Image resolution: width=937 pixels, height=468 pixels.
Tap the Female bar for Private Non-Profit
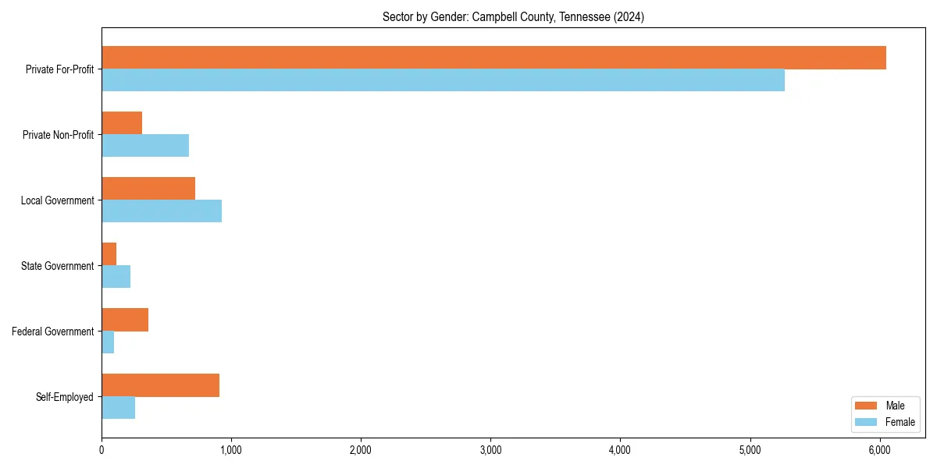pyautogui.click(x=145, y=146)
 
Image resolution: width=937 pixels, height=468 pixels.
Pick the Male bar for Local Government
pyautogui.click(x=148, y=189)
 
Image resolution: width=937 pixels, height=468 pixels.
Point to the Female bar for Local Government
pyautogui.click(x=162, y=211)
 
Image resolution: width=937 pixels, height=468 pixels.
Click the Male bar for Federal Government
pyautogui.click(x=125, y=320)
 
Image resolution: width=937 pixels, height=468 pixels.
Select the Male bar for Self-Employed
pyautogui.click(x=160, y=385)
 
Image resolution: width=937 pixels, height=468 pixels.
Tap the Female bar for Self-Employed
pyautogui.click(x=118, y=408)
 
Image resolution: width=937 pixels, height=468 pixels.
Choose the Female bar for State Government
pyautogui.click(x=116, y=277)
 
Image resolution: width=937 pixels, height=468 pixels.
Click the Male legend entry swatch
pyautogui.click(x=867, y=406)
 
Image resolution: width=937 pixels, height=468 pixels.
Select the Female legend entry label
pyautogui.click(x=900, y=422)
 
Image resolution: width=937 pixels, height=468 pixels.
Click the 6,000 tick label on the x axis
pyautogui.click(x=879, y=450)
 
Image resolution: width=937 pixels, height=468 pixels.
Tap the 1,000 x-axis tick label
pyautogui.click(x=231, y=450)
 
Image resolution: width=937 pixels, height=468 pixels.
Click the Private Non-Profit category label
pyautogui.click(x=58, y=135)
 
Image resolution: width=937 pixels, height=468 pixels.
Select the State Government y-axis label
pyautogui.click(x=57, y=266)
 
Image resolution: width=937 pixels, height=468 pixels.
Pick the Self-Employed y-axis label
pyautogui.click(x=64, y=397)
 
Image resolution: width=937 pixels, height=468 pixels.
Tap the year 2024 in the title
pyautogui.click(x=629, y=16)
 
